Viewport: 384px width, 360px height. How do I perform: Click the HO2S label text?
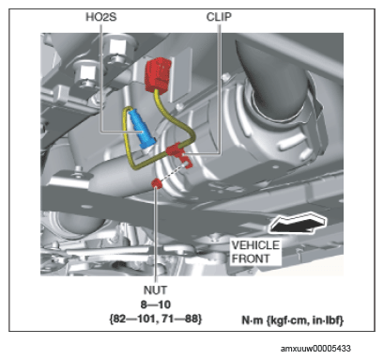(x=101, y=17)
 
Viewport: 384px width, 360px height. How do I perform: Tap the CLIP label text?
(x=219, y=17)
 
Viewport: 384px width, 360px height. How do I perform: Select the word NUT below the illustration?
(x=155, y=290)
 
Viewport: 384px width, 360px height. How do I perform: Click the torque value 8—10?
(x=155, y=305)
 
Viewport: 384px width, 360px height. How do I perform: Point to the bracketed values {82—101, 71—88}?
(x=155, y=319)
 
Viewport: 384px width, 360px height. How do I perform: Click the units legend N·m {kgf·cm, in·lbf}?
(x=293, y=321)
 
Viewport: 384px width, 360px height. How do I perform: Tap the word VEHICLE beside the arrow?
(x=255, y=244)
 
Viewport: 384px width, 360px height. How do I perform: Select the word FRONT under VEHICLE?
(x=251, y=258)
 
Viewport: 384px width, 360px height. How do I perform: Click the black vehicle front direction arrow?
(x=298, y=223)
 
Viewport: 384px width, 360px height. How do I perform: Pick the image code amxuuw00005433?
(x=315, y=349)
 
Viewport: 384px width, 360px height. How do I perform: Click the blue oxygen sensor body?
(x=142, y=129)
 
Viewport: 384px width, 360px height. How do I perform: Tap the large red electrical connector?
(x=158, y=74)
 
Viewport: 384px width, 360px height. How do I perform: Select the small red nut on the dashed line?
(x=157, y=183)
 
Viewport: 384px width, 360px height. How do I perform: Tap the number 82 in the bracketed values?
(x=118, y=319)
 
